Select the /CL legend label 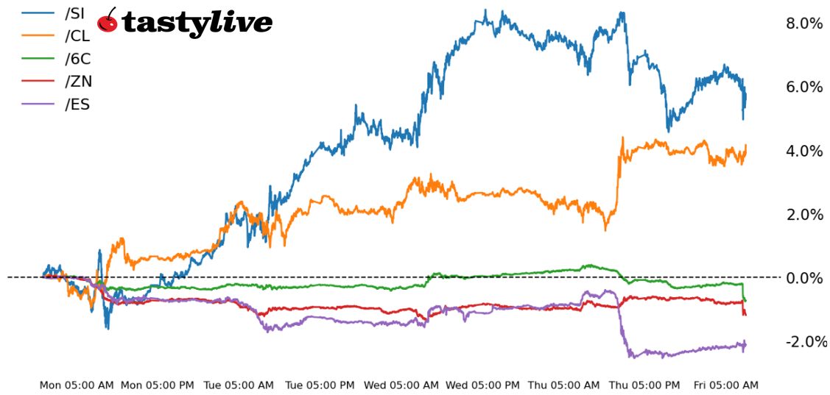(x=77, y=36)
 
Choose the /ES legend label (x=77, y=104)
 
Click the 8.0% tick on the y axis (x=804, y=24)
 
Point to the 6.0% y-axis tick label (x=804, y=87)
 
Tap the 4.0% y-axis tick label (x=804, y=151)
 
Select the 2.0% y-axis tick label (x=804, y=214)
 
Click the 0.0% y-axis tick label (x=804, y=278)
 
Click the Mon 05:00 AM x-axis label (x=77, y=385)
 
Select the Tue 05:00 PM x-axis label (x=320, y=385)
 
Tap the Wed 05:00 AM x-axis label (x=401, y=385)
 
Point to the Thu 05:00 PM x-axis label (x=644, y=385)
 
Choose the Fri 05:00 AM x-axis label (x=725, y=385)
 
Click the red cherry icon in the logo (x=108, y=21)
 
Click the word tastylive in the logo (x=197, y=24)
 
